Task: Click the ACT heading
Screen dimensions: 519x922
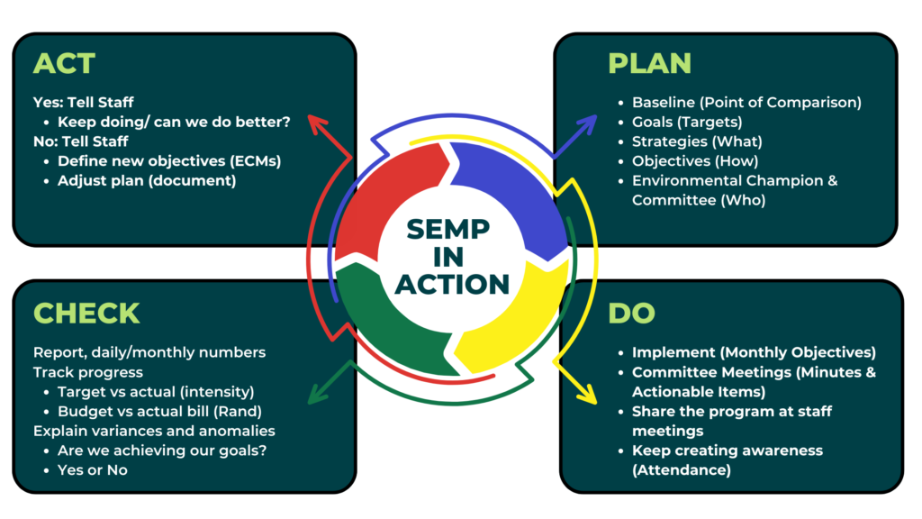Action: (x=64, y=63)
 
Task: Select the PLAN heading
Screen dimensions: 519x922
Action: (x=649, y=63)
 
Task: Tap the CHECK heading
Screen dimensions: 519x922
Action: (x=86, y=313)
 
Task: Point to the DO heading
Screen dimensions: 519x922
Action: (x=631, y=313)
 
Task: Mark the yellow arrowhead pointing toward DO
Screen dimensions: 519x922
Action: (x=586, y=394)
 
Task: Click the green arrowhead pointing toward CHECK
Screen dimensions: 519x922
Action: (x=314, y=394)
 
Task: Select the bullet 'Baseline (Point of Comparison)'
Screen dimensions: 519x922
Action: (x=746, y=102)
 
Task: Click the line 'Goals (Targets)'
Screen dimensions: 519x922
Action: (x=686, y=122)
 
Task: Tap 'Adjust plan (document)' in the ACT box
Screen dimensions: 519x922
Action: (x=146, y=180)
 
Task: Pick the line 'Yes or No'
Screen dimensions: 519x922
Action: (x=92, y=469)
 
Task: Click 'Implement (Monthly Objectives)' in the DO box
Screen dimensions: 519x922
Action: (x=753, y=352)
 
